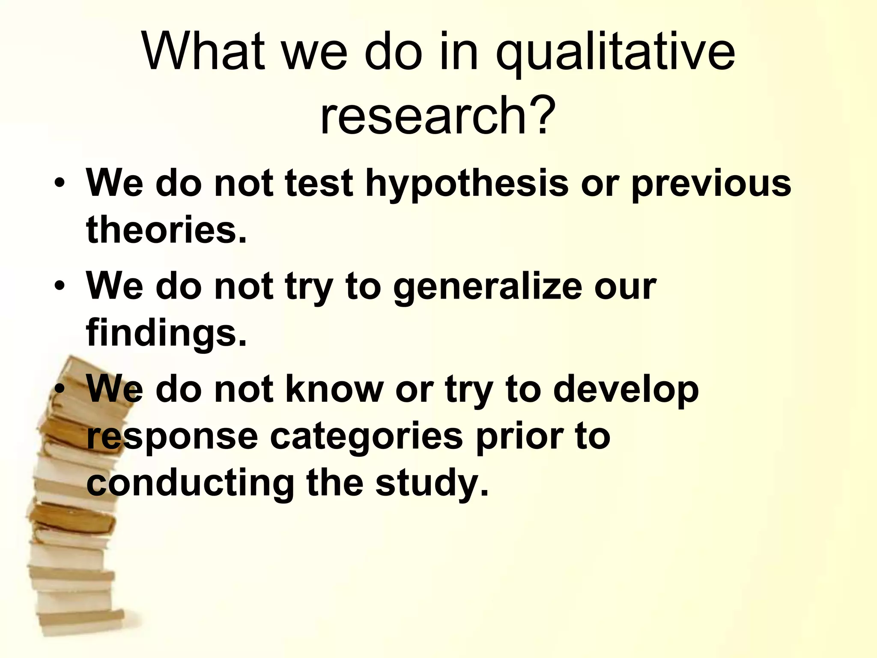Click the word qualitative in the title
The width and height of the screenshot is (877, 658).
coord(615,53)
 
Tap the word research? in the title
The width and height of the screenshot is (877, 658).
coord(438,114)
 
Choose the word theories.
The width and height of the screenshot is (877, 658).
coord(167,230)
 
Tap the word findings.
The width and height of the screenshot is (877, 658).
coord(167,333)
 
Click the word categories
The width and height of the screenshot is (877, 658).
coord(367,437)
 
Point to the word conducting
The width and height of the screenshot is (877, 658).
coord(190,483)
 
